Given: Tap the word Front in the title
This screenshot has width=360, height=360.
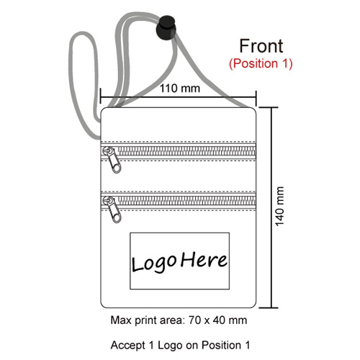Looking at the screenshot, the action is point(261,46).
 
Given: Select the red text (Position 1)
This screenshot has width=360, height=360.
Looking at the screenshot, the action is point(261,63).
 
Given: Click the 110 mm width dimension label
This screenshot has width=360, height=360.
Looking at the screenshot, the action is point(180,89).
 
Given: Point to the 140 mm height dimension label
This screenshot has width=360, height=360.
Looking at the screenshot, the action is point(279,207).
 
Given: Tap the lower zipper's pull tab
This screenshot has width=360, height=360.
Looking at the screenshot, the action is point(112,210).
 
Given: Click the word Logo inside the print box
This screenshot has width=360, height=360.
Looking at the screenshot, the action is point(155,264).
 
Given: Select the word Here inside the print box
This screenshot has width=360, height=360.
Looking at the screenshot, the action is point(204,260).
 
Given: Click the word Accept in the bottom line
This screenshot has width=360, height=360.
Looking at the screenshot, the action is point(128,346).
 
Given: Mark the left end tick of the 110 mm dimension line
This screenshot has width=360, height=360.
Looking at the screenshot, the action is point(101,96).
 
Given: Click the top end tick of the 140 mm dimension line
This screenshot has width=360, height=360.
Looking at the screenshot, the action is point(269,108).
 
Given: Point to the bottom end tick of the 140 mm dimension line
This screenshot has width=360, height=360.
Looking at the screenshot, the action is point(269,307).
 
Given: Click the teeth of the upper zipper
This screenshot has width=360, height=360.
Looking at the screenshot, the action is point(187,151).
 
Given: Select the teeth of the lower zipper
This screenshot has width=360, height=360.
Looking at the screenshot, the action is point(187,201).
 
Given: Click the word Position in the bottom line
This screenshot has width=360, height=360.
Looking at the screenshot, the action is point(221,345).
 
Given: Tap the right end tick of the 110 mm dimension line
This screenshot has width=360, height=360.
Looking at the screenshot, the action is point(256,99).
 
